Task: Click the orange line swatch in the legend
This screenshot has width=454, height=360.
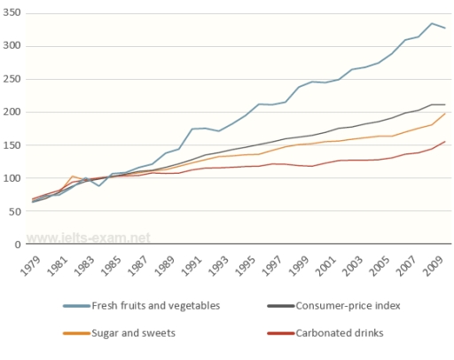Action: point(78,333)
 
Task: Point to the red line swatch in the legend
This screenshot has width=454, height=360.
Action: point(283,333)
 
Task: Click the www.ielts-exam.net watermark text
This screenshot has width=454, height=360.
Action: point(87,238)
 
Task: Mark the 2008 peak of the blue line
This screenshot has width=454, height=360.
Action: point(432,23)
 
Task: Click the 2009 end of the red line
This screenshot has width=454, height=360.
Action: point(445,141)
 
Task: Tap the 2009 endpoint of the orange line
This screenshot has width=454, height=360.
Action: point(445,113)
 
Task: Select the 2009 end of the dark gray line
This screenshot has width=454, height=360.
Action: point(445,105)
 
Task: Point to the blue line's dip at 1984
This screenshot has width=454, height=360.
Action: point(100,186)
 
